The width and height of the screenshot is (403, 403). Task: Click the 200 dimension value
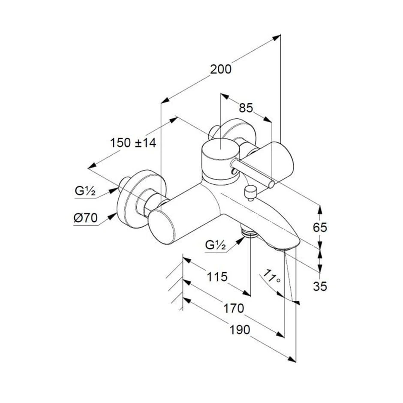(221, 69)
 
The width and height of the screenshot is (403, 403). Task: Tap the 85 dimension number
(246, 108)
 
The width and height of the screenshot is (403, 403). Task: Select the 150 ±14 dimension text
(133, 143)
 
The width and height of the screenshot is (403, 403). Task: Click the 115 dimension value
(217, 277)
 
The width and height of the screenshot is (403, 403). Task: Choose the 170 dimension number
(233, 308)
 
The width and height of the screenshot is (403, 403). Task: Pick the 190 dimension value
(240, 330)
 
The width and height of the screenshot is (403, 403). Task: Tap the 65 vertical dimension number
(320, 228)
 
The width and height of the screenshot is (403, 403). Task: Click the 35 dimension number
(320, 286)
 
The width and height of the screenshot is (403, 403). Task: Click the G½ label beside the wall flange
(85, 191)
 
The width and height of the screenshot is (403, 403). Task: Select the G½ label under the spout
(216, 245)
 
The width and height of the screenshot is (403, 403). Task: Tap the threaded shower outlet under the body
(250, 232)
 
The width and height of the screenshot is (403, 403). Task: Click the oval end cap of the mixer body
(162, 227)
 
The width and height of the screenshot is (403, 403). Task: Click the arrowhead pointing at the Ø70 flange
(112, 216)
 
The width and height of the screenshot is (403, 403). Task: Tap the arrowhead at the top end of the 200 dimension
(276, 37)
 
